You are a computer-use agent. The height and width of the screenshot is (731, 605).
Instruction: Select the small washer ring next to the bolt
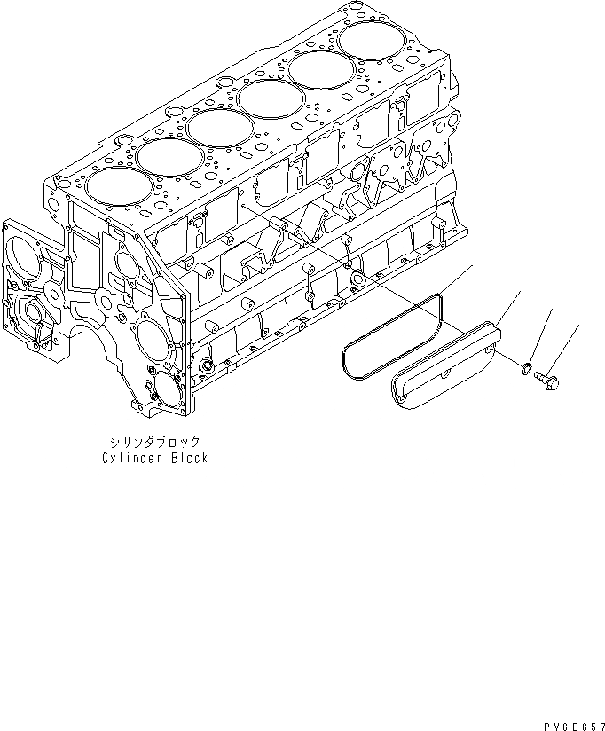click(x=525, y=365)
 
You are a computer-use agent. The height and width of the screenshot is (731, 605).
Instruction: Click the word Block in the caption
click(x=189, y=458)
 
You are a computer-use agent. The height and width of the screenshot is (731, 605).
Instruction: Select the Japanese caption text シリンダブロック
click(x=154, y=441)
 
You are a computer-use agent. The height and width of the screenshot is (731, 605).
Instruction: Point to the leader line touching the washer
click(x=540, y=335)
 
